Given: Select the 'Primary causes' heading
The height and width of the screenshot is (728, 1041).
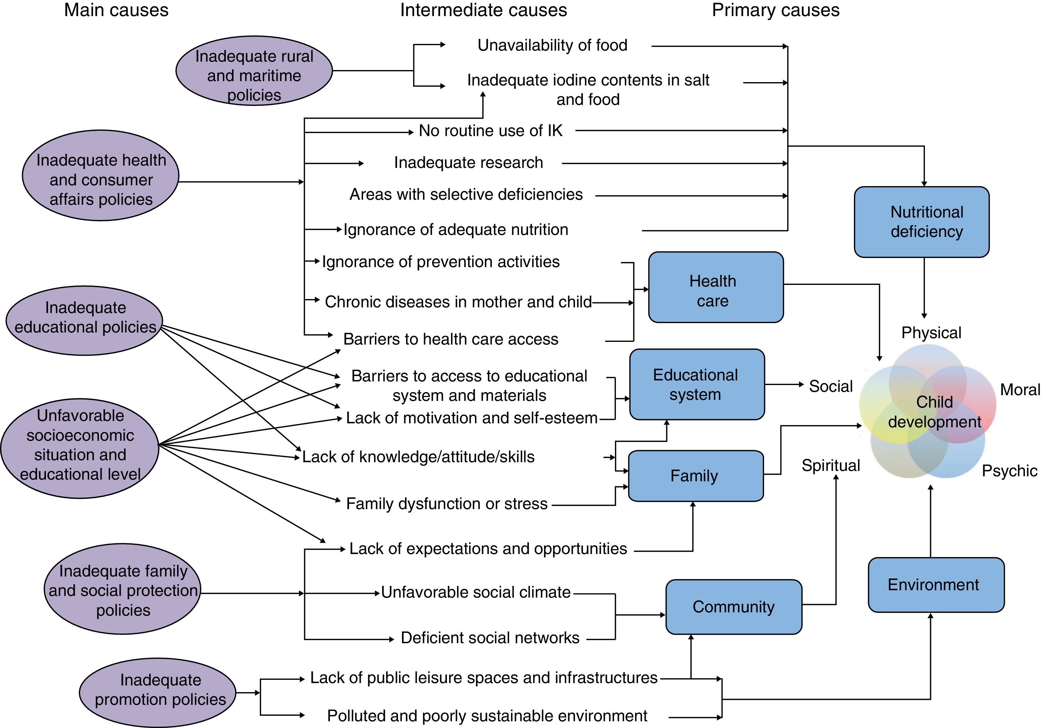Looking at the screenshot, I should (x=775, y=10).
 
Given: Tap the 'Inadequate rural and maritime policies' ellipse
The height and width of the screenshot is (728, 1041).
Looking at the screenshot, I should (x=254, y=71).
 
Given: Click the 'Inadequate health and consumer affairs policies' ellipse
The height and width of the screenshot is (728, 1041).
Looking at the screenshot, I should (x=101, y=176).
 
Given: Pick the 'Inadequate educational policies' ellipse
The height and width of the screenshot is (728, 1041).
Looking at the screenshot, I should (x=85, y=320).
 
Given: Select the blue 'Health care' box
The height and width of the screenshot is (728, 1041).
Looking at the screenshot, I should (x=715, y=287).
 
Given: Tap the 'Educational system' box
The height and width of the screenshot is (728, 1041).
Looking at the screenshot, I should (x=696, y=384).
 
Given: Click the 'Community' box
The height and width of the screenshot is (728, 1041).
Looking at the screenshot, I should (x=734, y=607).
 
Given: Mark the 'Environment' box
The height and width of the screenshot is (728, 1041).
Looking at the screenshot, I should (x=936, y=585).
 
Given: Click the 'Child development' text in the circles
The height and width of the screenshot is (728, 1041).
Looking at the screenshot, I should (x=934, y=412).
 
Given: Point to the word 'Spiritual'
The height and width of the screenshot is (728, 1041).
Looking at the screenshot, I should (x=831, y=466).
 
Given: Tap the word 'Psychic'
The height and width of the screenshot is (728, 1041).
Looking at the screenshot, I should (x=1009, y=471).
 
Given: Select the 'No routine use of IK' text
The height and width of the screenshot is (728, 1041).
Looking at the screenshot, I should (x=490, y=130).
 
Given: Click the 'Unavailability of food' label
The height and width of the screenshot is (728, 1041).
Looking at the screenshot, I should (x=552, y=45).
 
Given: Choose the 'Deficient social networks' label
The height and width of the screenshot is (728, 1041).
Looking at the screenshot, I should (x=490, y=638).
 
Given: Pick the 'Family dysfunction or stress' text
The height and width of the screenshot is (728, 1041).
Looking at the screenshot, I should (x=447, y=504).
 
